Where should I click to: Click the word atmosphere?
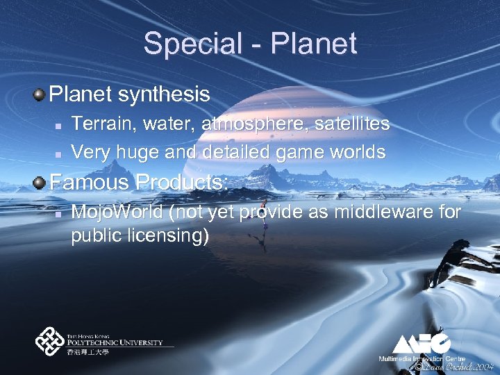(254, 124)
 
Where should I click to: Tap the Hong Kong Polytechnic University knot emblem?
(50, 342)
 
